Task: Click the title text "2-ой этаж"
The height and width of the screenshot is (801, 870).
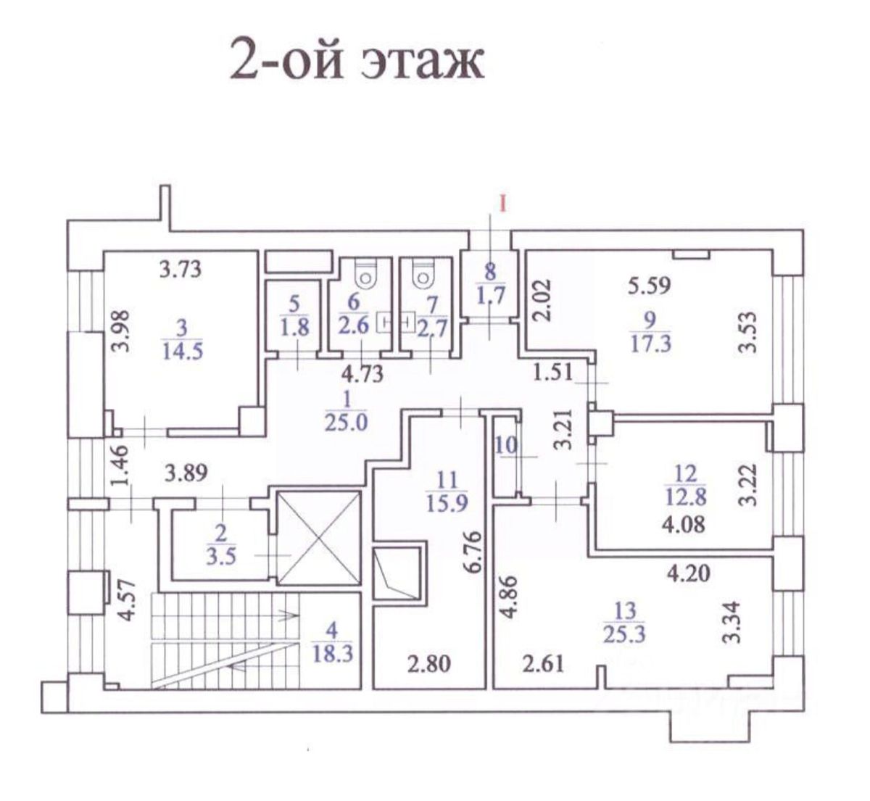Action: click(356, 60)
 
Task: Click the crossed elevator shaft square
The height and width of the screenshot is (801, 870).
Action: click(319, 537)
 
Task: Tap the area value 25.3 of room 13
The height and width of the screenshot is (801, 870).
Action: click(623, 635)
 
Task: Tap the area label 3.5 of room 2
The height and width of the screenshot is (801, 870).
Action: click(221, 558)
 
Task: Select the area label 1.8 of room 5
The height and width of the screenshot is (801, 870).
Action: click(294, 327)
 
